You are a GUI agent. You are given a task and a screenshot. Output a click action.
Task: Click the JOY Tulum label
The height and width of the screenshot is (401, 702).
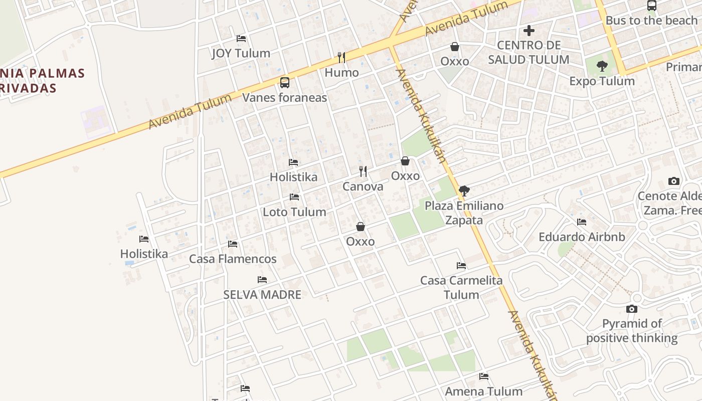click(x=241, y=53)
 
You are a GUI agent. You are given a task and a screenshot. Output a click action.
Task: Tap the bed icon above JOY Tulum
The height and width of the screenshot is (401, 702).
click(x=241, y=39)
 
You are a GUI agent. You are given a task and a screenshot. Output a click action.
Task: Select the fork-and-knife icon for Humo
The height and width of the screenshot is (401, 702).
click(x=341, y=58)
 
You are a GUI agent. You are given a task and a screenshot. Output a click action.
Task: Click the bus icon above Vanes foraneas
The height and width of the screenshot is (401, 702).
click(x=284, y=83)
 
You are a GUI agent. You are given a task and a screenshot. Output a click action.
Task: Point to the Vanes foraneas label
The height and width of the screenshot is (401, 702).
click(x=284, y=97)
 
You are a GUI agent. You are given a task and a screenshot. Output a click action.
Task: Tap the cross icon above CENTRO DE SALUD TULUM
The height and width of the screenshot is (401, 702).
click(x=529, y=31)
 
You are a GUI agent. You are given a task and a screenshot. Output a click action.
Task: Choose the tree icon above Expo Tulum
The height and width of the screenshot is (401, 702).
click(x=602, y=66)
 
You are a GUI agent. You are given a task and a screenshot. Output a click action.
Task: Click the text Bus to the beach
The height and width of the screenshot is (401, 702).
click(x=651, y=21)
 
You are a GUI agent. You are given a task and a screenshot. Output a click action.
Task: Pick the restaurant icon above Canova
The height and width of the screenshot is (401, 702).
click(x=363, y=171)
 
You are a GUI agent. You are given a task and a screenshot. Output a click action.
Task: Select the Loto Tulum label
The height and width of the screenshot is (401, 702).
click(x=294, y=212)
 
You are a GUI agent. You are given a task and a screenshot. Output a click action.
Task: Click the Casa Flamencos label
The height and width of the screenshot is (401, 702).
click(x=233, y=259)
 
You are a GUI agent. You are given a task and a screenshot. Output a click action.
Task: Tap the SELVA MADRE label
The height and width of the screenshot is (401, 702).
click(x=262, y=295)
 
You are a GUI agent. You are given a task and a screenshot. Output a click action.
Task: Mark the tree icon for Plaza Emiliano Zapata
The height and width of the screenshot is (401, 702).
click(x=464, y=190)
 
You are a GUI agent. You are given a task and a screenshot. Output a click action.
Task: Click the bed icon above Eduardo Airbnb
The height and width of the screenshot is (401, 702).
click(x=582, y=222)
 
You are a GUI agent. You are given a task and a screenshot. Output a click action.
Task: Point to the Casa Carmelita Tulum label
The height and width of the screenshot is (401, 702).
click(x=461, y=287)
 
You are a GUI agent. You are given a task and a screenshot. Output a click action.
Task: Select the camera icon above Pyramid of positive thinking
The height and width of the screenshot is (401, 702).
click(x=632, y=309)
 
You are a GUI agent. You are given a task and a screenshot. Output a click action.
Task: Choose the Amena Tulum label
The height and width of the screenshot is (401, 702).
click(x=483, y=391)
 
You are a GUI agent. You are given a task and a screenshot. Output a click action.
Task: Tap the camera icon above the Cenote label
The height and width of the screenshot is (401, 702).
click(x=674, y=181)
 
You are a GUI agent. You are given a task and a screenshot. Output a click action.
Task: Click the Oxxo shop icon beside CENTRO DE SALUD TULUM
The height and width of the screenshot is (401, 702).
click(x=455, y=47)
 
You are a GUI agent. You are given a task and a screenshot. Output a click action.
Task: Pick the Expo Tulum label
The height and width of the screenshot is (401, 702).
click(x=602, y=81)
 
